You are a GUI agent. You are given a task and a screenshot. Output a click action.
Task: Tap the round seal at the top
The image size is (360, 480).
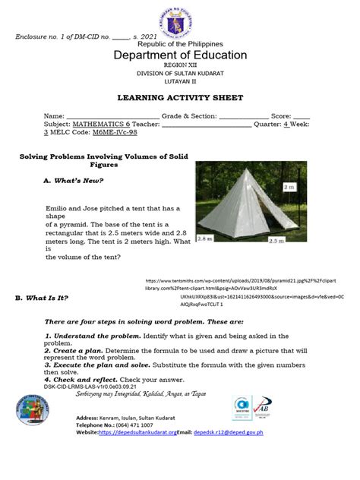(180, 17)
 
